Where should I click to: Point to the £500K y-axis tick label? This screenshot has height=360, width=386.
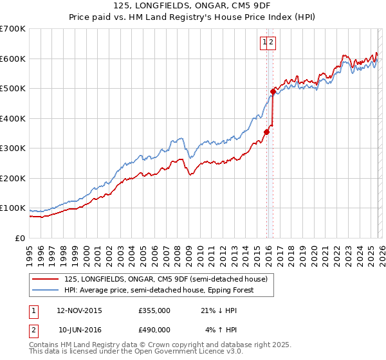13,88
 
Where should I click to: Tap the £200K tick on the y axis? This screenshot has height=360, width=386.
13,178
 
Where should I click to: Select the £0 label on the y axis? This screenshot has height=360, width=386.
21,238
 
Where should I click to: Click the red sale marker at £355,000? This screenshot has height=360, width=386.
266,132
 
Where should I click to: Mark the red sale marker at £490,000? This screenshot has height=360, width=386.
273,91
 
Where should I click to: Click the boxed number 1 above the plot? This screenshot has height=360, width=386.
264,42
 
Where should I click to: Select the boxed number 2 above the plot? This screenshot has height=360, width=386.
271,42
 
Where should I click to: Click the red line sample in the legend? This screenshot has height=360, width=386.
46,279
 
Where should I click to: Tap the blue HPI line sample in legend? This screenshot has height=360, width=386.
46,290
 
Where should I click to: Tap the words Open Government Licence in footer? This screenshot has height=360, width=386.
189,352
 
